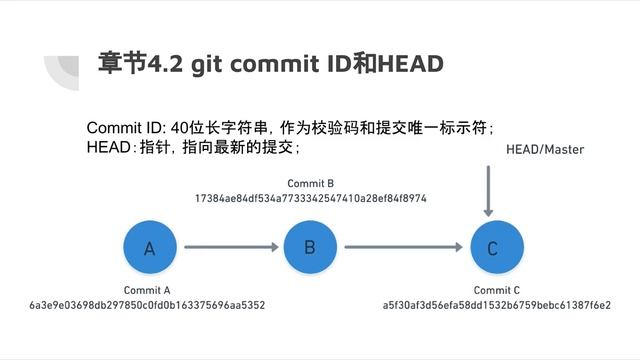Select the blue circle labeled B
click(310, 246)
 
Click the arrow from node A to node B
click(229, 247)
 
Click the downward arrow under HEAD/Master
click(488, 190)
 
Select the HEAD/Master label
click(544, 149)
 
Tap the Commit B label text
click(310, 183)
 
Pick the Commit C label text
click(497, 289)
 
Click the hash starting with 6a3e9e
click(147, 304)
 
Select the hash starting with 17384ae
click(310, 198)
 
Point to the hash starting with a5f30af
click(497, 304)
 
